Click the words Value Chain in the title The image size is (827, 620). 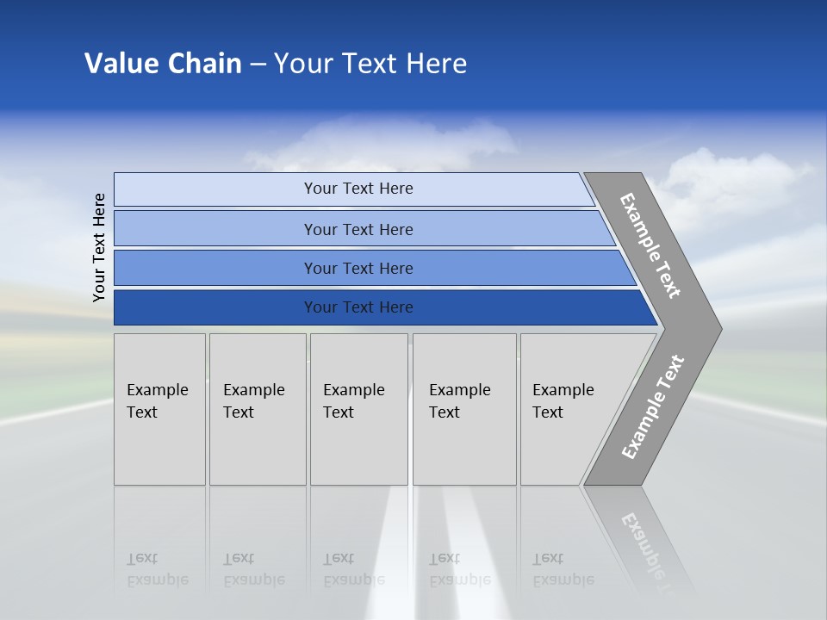click(x=163, y=64)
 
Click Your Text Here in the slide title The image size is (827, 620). click(x=370, y=64)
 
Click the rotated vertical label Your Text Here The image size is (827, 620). click(x=99, y=247)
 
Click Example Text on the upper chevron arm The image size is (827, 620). click(x=650, y=245)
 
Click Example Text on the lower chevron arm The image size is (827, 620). click(x=652, y=407)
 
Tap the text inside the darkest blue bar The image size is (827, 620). click(x=358, y=307)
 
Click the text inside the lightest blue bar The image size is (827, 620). click(x=358, y=189)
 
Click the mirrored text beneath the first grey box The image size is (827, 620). click(x=157, y=569)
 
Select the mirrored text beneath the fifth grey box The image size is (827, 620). click(x=563, y=569)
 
